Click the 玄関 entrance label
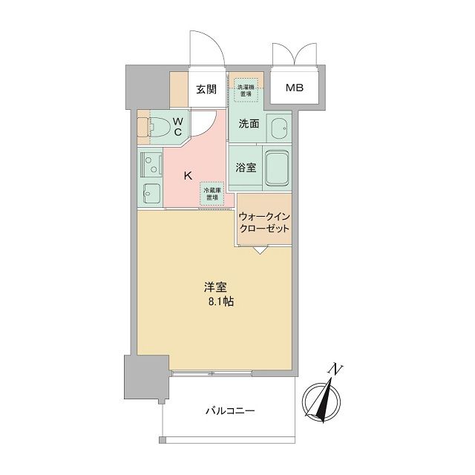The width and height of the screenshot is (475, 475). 206,90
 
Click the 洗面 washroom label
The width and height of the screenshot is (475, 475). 249,125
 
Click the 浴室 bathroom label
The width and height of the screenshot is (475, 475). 246,168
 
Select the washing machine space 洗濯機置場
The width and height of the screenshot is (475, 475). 246,90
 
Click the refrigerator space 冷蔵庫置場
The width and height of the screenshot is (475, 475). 213,193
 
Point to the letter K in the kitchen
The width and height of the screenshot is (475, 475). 188,176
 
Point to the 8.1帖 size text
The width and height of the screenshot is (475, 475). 216,304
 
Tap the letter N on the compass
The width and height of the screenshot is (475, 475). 337,369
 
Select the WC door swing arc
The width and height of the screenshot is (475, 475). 205,122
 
